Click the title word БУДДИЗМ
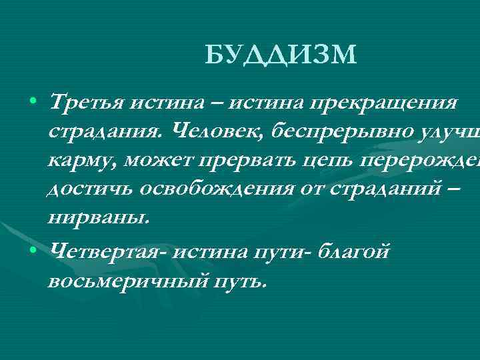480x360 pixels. [x=281, y=55]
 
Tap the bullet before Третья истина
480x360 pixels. [x=32, y=104]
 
